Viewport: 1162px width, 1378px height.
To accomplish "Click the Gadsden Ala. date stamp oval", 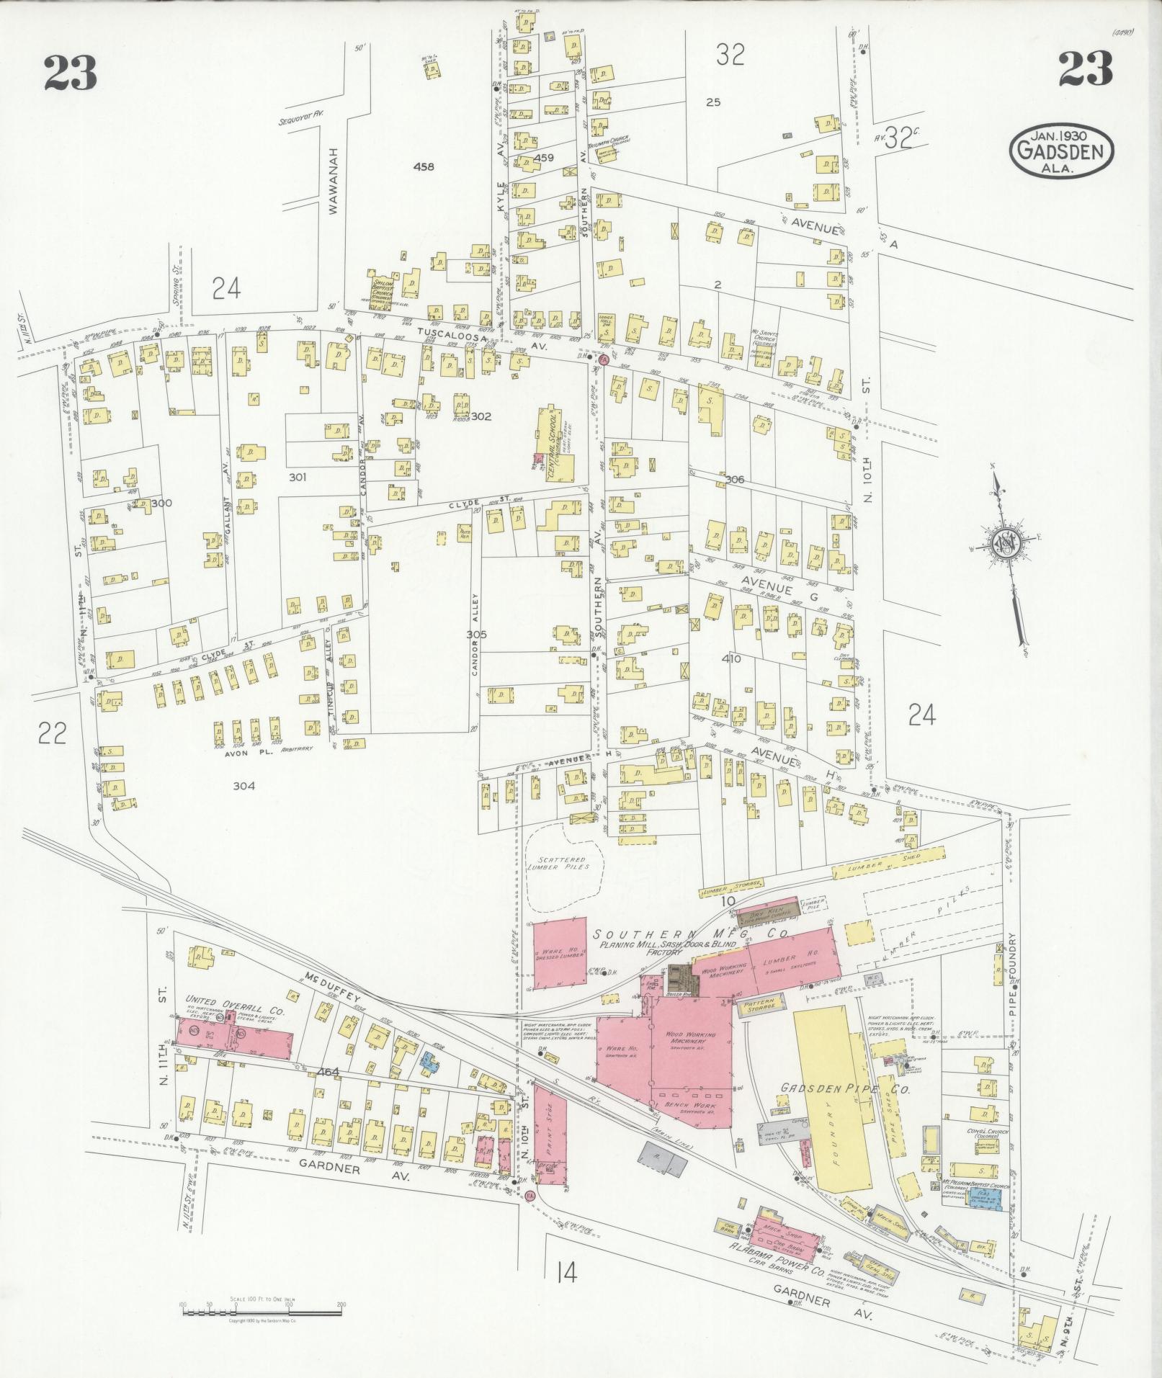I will [1060, 152].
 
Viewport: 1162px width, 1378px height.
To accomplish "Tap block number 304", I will [244, 786].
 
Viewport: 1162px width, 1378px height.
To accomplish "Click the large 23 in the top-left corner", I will [70, 73].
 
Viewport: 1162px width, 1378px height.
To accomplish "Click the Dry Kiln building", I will [767, 916].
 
